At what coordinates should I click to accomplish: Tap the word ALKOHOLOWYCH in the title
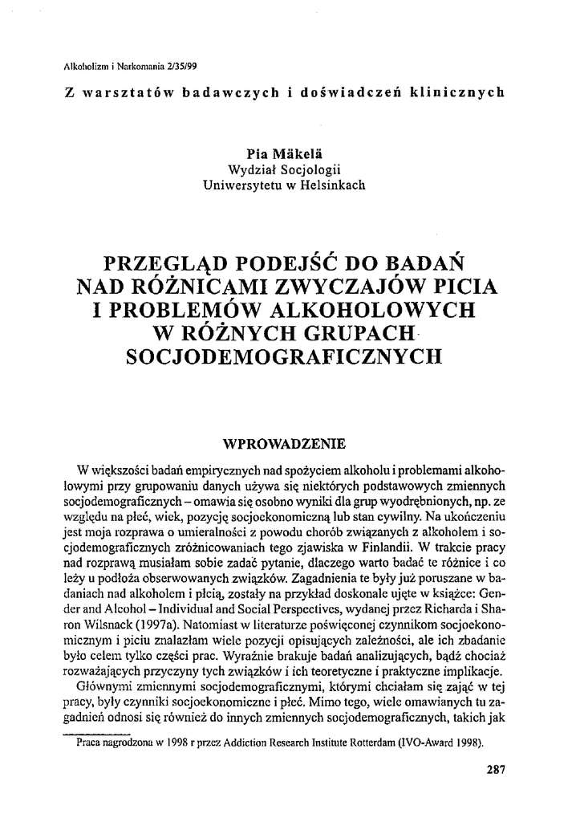coord(373,309)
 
